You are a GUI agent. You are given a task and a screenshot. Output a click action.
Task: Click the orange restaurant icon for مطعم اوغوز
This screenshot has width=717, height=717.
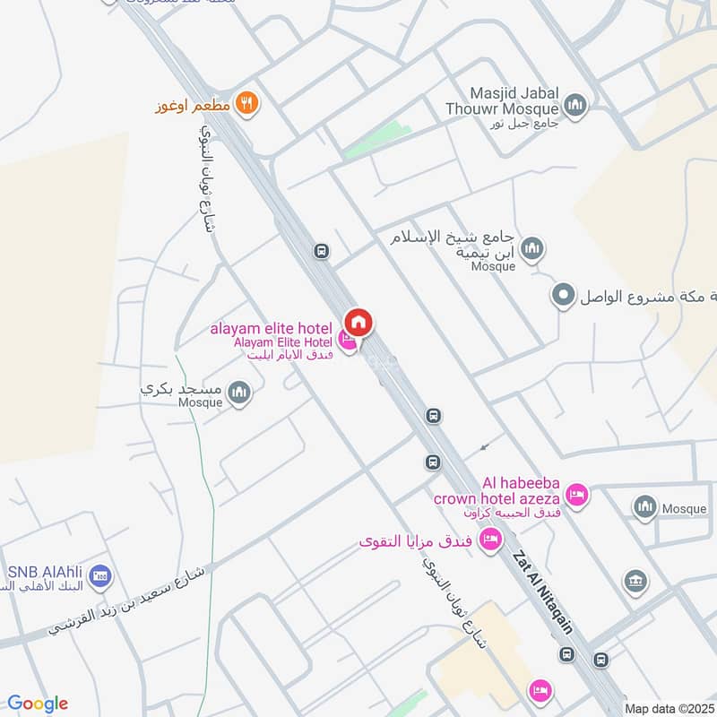248,105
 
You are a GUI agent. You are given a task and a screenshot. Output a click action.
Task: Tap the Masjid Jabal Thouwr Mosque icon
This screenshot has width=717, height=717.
576,106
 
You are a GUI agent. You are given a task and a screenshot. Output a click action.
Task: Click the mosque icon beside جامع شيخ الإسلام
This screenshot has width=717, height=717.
532,248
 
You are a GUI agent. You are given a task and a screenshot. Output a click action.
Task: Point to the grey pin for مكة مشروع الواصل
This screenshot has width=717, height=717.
563,295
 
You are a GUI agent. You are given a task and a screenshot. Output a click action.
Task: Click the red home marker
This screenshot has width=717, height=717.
358,323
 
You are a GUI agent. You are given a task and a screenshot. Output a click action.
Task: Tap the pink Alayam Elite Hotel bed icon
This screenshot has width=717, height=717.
347,341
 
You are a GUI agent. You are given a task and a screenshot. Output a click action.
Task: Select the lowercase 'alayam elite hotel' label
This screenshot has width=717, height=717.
271,328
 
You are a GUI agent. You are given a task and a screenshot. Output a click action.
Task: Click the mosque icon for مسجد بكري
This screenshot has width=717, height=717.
239,392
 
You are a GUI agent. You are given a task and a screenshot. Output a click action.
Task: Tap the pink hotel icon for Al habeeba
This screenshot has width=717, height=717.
577,494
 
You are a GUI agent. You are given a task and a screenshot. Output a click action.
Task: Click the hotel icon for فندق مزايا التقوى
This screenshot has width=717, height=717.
489,540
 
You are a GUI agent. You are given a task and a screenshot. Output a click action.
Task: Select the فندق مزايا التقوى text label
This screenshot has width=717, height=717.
415,541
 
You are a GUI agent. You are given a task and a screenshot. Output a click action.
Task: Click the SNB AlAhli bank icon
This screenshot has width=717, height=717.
100,574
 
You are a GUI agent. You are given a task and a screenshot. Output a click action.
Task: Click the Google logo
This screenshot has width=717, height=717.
38,704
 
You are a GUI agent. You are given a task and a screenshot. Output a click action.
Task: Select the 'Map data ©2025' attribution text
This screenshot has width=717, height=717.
669,708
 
